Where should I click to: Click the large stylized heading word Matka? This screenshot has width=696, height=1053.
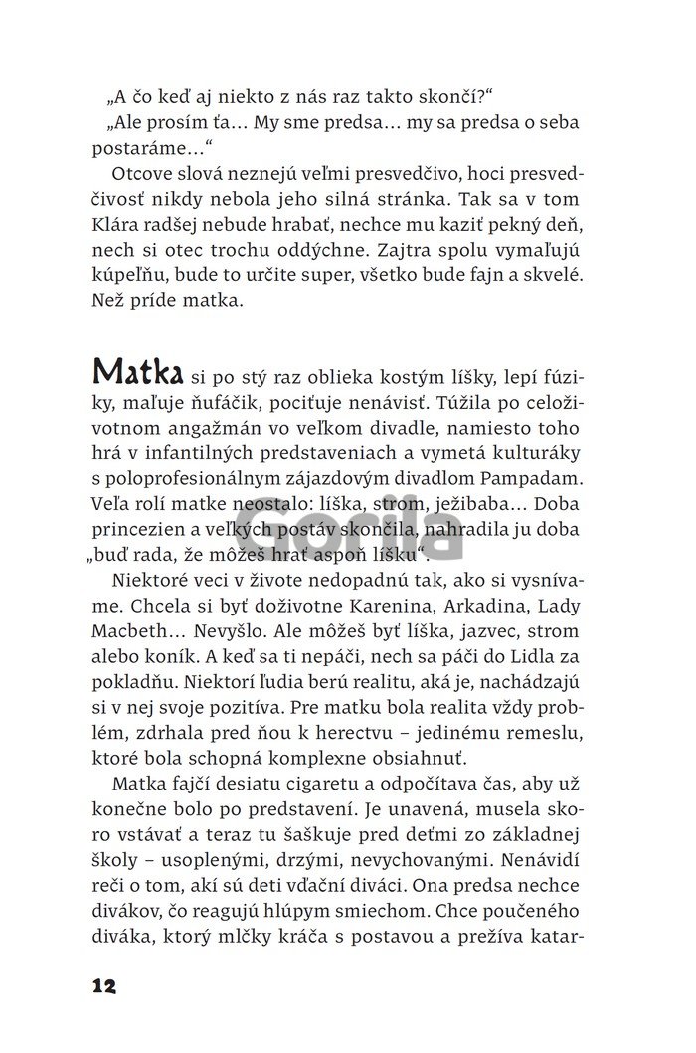pos(136,371)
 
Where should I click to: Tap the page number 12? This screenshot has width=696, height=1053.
pos(103,986)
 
